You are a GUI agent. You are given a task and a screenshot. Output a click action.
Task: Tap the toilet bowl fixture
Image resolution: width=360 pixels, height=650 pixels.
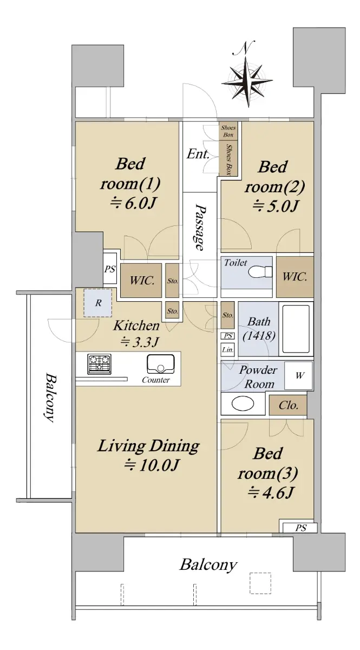coord(260,272)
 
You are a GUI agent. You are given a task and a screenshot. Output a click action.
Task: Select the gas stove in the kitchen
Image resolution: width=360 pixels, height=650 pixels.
coord(100,364)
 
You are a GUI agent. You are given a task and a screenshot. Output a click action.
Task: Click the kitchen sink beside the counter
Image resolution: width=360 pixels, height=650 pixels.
coord(161,364)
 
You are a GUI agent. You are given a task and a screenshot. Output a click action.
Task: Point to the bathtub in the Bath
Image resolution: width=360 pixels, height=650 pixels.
coord(296,329)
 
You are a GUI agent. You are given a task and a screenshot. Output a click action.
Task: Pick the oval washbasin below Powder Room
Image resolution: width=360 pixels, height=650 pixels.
coord(243,404)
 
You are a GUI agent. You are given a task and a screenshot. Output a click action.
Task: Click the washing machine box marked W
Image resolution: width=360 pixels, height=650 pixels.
coord(299,375)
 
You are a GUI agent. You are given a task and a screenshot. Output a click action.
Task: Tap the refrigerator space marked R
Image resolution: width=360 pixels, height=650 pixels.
coord(98,303)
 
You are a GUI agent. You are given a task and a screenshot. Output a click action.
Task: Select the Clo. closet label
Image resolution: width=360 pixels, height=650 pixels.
coord(289,405)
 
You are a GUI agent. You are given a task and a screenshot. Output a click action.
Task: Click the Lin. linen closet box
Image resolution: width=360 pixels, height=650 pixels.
coord(228,350)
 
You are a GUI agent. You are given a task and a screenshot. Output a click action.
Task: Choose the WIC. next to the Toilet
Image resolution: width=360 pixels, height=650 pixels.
coord(294,277)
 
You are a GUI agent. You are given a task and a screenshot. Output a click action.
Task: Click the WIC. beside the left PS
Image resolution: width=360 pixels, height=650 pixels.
coord(141,281)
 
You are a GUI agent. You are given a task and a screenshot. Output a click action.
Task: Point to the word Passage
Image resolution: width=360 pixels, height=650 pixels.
coord(200,228)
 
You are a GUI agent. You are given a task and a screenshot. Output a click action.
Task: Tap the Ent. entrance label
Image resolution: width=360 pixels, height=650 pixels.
coord(198,154)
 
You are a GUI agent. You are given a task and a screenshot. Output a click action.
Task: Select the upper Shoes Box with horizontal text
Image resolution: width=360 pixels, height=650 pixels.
coord(228,131)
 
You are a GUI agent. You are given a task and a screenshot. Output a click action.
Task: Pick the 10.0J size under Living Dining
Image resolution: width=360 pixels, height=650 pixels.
coord(152,465)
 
